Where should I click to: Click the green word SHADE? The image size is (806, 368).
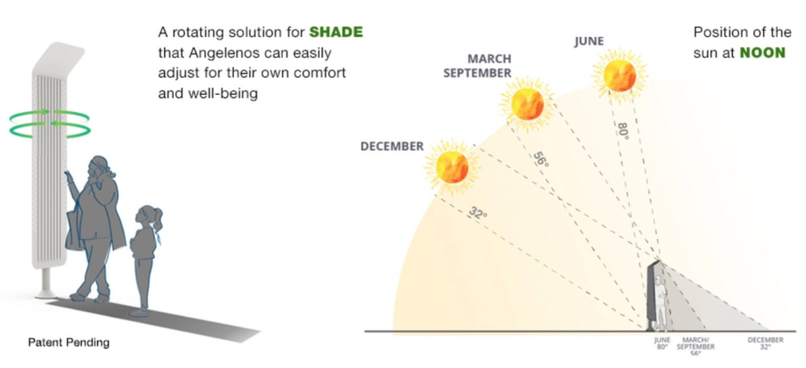click(336, 32)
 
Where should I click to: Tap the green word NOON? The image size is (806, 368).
click(763, 53)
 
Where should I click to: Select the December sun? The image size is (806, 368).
click(452, 167)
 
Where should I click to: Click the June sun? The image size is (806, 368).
click(619, 76)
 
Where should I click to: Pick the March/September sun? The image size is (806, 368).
click(527, 104)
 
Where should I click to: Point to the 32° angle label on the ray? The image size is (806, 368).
click(478, 213)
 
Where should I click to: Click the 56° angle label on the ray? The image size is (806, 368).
click(541, 160)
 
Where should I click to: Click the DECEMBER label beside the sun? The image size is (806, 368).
click(392, 147)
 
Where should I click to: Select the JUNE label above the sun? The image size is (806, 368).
click(589, 42)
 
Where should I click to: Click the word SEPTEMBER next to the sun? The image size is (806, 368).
click(477, 73)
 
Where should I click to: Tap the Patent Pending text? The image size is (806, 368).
click(68, 342)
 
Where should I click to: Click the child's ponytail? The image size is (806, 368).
click(157, 220)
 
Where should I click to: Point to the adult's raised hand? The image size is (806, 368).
click(68, 176)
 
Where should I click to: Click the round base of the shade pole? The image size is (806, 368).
click(46, 295)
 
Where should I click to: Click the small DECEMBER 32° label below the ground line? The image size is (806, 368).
click(766, 343)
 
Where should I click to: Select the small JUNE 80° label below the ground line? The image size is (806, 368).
click(662, 343)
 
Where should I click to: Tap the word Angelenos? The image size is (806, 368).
click(224, 53)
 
